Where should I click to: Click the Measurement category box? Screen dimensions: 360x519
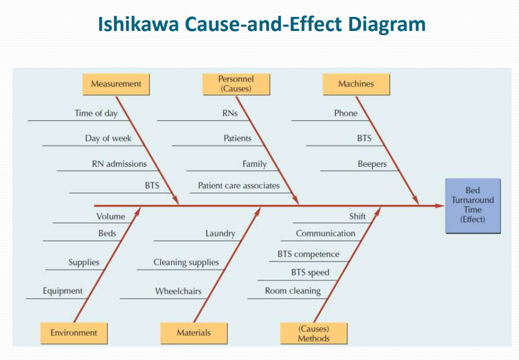tap(116, 84)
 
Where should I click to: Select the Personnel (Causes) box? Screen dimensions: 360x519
tap(236, 84)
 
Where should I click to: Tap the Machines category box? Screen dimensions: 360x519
tap(356, 84)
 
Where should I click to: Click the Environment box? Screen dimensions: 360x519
tap(74, 332)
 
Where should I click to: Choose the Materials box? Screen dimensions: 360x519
tap(194, 332)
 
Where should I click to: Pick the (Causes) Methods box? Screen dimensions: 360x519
tap(314, 333)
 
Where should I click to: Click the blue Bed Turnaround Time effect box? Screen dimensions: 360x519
tap(472, 205)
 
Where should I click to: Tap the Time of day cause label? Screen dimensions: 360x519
tap(96, 113)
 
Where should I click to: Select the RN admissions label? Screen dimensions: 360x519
tap(119, 164)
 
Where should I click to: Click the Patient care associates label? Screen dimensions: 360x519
tap(239, 185)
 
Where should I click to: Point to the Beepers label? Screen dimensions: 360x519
tap(372, 164)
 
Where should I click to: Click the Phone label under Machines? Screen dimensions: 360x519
tap(346, 113)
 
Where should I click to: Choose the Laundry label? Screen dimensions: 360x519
tap(220, 233)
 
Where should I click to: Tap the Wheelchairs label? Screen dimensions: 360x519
tap(178, 291)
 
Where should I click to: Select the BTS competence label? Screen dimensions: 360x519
tap(308, 254)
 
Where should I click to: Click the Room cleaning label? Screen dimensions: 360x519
tap(293, 291)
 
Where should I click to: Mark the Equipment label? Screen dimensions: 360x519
tap(62, 291)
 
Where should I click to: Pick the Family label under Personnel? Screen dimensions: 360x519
tap(254, 164)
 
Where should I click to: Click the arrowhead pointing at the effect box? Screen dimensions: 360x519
tap(440, 206)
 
